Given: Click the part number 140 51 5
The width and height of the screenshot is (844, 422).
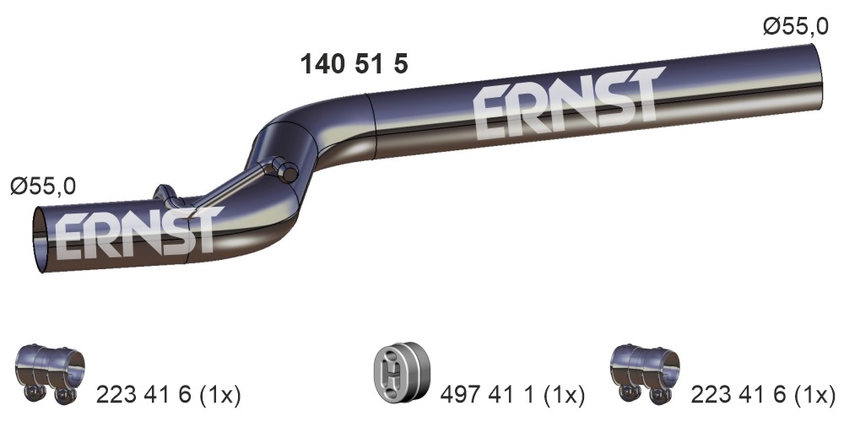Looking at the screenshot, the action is pyautogui.click(x=354, y=64).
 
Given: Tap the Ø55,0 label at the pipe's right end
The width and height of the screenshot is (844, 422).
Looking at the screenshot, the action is pyautogui.click(x=796, y=26).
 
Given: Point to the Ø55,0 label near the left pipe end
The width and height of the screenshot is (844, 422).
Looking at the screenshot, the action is pyautogui.click(x=43, y=187).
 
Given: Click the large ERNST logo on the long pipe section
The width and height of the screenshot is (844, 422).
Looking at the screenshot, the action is pyautogui.click(x=568, y=103).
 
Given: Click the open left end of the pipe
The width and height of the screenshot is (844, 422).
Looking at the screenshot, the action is pyautogui.click(x=40, y=240).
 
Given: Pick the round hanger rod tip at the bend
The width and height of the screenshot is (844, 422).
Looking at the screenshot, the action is pyautogui.click(x=289, y=173).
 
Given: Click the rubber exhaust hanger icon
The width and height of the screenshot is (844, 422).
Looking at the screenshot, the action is pyautogui.click(x=402, y=372).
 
